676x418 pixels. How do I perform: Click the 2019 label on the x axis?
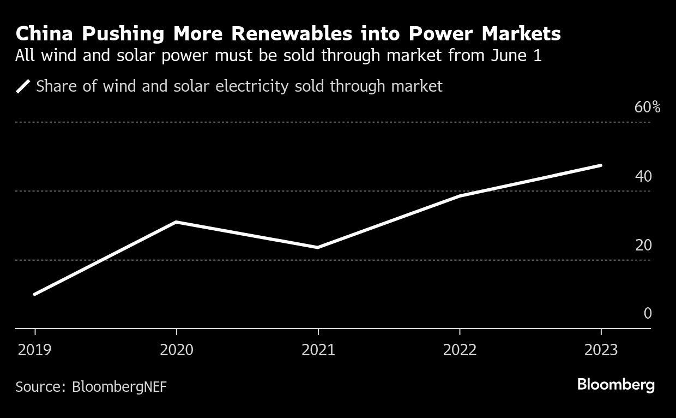pyautogui.click(x=35, y=349)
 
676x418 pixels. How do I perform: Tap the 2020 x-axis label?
pyautogui.click(x=177, y=349)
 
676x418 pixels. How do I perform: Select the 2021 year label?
pyautogui.click(x=318, y=349)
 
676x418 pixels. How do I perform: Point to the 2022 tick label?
pyautogui.click(x=460, y=349)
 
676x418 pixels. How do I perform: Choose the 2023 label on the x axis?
pyautogui.click(x=601, y=349)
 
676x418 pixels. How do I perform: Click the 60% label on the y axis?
pyautogui.click(x=647, y=108)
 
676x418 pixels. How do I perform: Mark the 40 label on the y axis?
pyautogui.click(x=643, y=176)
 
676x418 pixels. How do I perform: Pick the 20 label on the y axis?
pyautogui.click(x=643, y=245)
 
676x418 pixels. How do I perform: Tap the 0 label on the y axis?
pyautogui.click(x=648, y=313)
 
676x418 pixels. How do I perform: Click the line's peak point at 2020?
pyautogui.click(x=176, y=222)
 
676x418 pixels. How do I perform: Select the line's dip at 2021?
pyautogui.click(x=318, y=247)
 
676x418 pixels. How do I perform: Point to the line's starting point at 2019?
pyautogui.click(x=35, y=294)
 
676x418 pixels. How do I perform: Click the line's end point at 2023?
pyautogui.click(x=601, y=165)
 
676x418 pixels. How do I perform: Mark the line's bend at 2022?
pyautogui.click(x=460, y=196)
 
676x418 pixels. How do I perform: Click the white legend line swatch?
pyautogui.click(x=23, y=86)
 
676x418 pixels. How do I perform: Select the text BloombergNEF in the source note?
pyautogui.click(x=119, y=387)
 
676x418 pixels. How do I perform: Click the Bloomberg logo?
pyautogui.click(x=615, y=385)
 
